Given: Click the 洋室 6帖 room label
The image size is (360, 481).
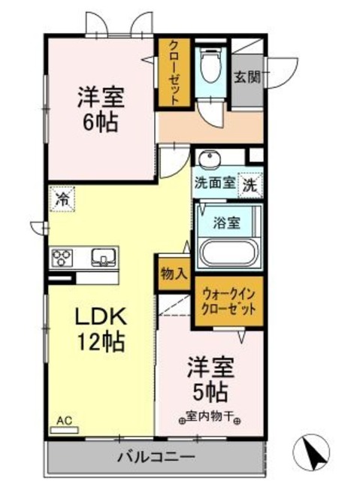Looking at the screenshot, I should (100, 109).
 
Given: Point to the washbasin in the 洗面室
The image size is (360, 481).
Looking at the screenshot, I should (208, 159).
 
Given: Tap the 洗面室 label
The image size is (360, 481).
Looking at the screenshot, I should (214, 183).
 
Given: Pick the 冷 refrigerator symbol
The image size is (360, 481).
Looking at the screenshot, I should (63, 201).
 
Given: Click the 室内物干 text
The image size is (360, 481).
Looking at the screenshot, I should (210, 415).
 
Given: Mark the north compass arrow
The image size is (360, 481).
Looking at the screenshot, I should (315, 453).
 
